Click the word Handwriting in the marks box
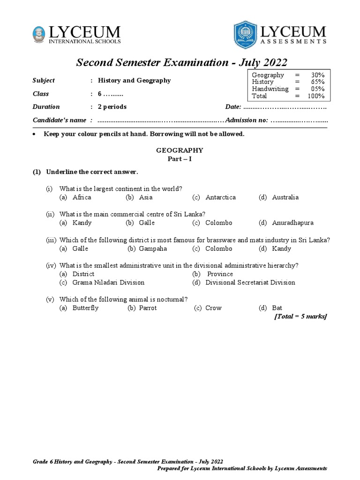[x=270, y=89]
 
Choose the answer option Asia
[x=146, y=197]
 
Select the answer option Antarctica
[x=220, y=197]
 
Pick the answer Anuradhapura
[x=292, y=223]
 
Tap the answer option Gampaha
[x=153, y=248]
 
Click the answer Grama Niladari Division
[x=108, y=283]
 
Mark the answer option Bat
[x=277, y=308]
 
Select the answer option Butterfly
[x=85, y=308]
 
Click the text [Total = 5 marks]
[x=300, y=316]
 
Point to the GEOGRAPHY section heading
[x=180, y=150]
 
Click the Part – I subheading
[x=180, y=159]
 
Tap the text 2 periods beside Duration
[x=112, y=107]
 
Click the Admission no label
[x=247, y=120]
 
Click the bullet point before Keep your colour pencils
[x=34, y=135]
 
